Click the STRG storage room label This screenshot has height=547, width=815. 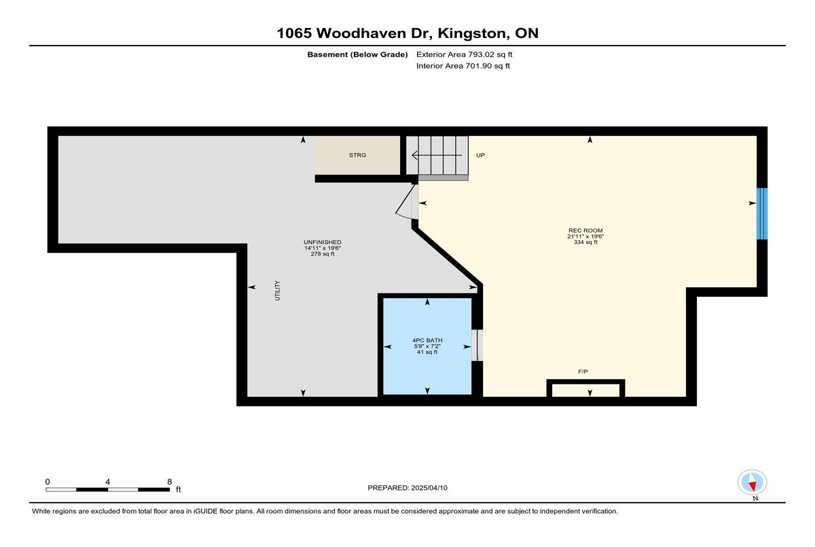coord(357,155)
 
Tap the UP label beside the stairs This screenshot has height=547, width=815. coord(480,155)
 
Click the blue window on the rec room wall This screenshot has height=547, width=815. coord(762,213)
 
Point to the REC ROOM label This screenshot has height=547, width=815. coord(585,230)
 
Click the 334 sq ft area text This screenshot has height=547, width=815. coord(585,242)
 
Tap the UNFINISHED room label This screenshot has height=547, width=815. coord(323,242)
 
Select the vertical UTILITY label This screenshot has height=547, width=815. coord(278,290)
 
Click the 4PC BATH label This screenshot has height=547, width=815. coord(427,340)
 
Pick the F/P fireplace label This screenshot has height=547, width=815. coord(583,372)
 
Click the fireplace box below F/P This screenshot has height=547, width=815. coord(585,388)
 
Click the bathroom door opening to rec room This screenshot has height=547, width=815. coord(477,345)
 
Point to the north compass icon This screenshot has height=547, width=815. coord(752,482)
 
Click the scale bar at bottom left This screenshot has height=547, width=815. coord(108,489)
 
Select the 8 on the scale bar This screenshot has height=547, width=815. coord(170,482)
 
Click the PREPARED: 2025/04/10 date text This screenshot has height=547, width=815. coord(407,488)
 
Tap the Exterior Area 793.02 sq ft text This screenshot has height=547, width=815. coord(465,54)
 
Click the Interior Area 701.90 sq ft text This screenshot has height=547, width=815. coord(463,66)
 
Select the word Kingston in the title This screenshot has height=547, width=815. coord(473,33)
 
